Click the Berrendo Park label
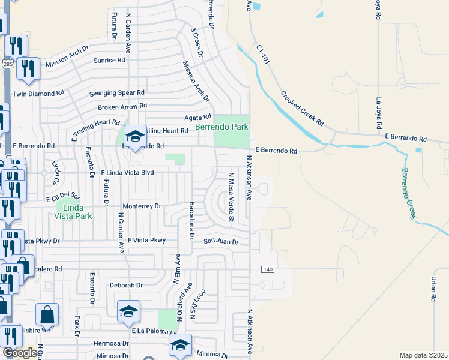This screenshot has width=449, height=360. [221, 127]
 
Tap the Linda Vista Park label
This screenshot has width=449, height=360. [78, 211]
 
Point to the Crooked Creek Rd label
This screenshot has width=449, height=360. [302, 108]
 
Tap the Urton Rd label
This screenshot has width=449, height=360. [433, 288]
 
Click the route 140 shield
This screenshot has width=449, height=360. [267, 269]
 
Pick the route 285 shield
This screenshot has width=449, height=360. [5, 63]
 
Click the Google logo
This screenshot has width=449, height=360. [19, 353]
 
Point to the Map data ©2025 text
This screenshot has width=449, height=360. [423, 355]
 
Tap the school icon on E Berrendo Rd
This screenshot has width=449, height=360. [135, 137]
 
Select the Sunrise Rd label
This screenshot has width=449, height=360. [109, 60]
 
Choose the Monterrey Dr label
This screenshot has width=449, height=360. [142, 206]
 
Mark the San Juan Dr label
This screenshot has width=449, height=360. [221, 242]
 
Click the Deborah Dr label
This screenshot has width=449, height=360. [126, 286]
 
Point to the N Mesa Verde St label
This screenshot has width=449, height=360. [230, 197]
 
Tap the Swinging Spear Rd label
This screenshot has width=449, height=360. [117, 93]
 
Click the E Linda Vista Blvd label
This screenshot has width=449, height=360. [127, 172]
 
